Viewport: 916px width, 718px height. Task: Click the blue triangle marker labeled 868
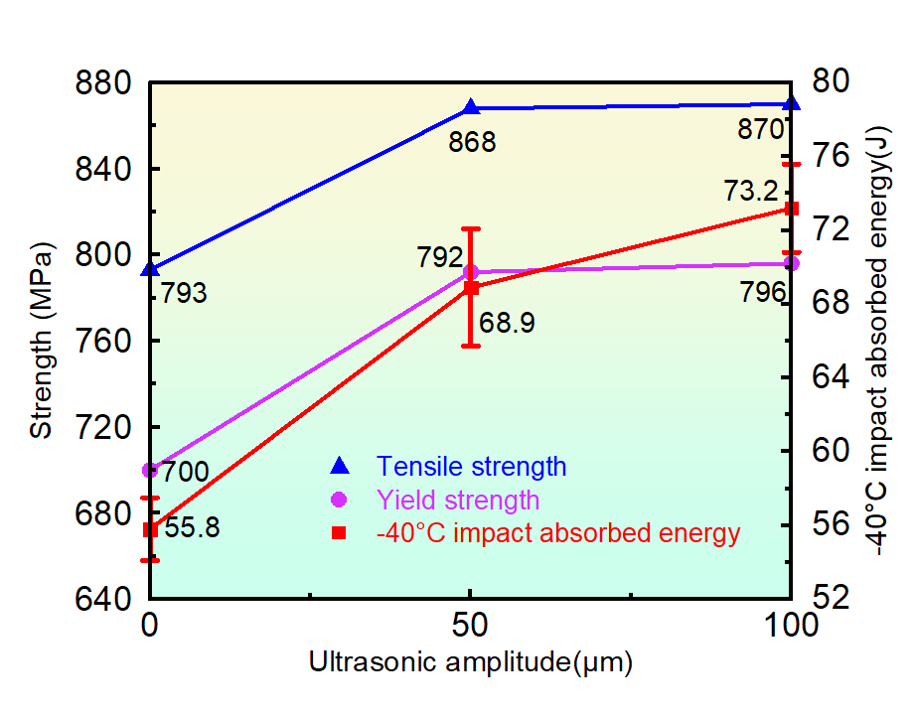(471, 107)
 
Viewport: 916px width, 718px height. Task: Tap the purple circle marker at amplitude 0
(150, 470)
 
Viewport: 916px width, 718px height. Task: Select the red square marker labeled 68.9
(471, 288)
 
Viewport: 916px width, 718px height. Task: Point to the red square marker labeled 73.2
(792, 209)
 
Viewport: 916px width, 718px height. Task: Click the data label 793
(180, 294)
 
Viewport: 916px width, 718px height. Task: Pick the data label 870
(761, 129)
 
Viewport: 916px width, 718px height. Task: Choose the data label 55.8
(192, 527)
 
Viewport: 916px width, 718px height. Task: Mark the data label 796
(762, 293)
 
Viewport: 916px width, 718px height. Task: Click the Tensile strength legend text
(471, 466)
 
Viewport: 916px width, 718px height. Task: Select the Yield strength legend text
(458, 500)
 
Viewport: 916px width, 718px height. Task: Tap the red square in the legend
(339, 533)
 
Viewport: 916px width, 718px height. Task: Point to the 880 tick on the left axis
(105, 83)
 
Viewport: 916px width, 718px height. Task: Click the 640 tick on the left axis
(105, 600)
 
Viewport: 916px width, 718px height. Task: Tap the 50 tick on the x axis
(470, 627)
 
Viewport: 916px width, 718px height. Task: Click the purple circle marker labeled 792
(471, 272)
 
